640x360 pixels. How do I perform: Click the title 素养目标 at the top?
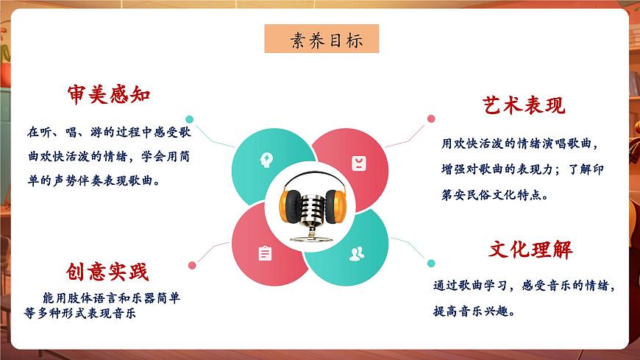[321, 40]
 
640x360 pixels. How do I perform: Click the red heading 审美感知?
[108, 95]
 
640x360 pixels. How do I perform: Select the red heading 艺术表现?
[523, 105]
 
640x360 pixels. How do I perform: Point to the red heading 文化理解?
[530, 250]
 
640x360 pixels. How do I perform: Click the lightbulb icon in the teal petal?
[266, 159]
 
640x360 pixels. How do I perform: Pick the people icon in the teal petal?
[357, 254]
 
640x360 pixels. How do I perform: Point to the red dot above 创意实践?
[192, 265]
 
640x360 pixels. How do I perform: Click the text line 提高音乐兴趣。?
[474, 311]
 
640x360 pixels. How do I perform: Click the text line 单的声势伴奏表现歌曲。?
[95, 180]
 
